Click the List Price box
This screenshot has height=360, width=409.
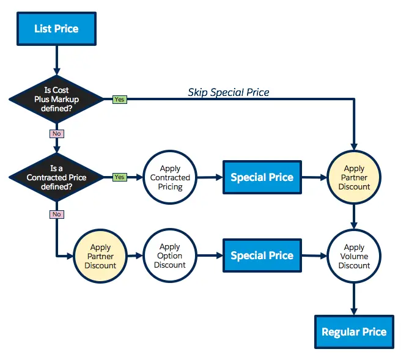pos(56,28)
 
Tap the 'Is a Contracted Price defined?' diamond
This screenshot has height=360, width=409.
pos(56,177)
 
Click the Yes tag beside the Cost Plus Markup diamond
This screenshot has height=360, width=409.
pos(120,99)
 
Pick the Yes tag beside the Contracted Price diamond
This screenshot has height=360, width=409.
pos(120,177)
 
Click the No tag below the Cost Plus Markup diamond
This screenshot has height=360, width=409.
pos(57,133)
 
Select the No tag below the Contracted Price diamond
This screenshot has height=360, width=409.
pos(57,215)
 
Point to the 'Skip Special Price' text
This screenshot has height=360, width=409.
pos(228,93)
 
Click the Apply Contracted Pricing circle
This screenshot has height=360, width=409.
pos(171,178)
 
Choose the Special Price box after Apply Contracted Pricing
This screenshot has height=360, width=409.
pos(262,177)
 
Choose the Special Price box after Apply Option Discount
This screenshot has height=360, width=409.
pos(262,255)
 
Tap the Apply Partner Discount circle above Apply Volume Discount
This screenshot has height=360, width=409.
pos(354,178)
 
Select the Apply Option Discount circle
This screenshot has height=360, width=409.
pos(170,256)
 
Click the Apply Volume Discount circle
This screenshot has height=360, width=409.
pos(354,256)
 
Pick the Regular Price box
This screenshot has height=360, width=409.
pos(354,332)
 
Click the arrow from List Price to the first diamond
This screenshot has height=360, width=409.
pos(56,58)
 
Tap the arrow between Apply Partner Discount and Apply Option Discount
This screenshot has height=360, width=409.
pos(135,256)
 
